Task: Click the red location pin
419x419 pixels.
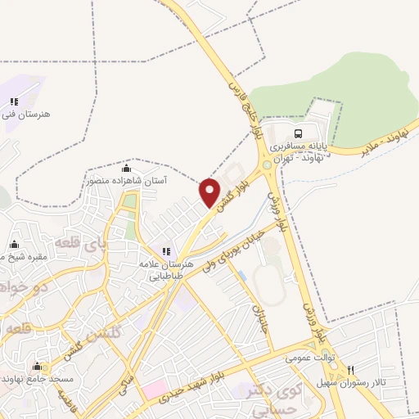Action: pos(209,191)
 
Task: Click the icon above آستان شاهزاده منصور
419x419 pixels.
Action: pos(126,169)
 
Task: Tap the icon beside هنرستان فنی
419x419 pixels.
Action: pos(13,101)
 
